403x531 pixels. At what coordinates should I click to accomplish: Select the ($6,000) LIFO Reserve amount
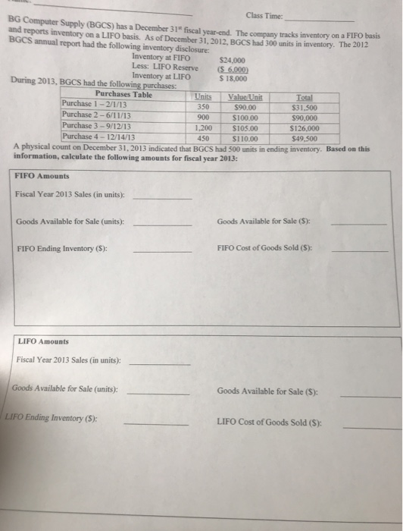coord(231,68)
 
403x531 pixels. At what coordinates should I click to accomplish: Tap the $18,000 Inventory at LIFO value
coord(231,77)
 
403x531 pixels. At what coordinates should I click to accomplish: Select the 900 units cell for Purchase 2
coord(203,117)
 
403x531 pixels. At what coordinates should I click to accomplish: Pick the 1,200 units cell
coord(202,127)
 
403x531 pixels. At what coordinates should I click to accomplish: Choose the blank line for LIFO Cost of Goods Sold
coord(367,426)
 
